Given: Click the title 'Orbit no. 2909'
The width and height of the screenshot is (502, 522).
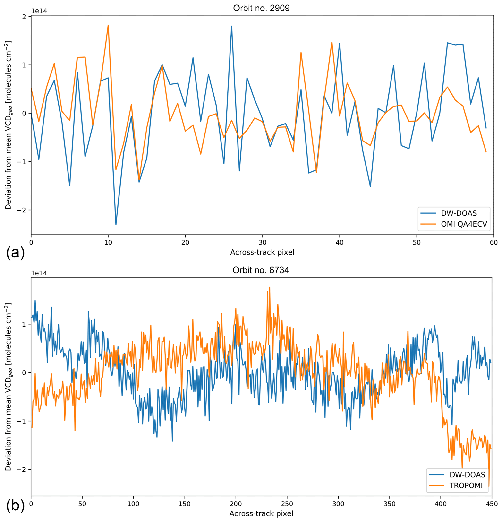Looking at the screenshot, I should coord(261,8).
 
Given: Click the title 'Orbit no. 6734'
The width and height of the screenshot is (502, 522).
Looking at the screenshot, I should coord(260,270).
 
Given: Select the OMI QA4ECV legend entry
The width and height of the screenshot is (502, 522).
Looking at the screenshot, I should coord(464,224).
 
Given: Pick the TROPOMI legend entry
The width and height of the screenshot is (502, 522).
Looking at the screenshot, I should coord(466,485).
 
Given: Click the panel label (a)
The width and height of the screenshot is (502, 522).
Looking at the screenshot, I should coord(15,252).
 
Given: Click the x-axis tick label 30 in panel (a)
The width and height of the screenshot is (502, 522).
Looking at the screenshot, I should coord(262,243).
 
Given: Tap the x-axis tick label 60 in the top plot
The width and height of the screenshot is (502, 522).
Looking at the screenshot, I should coord(493,243).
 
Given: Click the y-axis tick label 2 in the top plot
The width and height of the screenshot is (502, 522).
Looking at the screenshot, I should coord(24,17).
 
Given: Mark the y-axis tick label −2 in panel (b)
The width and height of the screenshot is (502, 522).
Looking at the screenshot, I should coord(22,469).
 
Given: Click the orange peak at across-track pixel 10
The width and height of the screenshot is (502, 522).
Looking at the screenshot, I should coord(108,25).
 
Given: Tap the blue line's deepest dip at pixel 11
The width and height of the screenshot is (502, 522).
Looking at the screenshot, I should coord(116,224).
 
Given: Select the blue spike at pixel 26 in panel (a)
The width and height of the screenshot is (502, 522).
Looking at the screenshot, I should coord(231,26).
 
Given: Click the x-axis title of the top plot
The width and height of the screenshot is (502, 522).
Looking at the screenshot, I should coord(262,252).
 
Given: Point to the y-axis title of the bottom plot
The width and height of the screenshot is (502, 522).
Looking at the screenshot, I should coord(8,386).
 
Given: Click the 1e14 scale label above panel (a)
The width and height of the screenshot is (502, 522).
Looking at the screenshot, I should coord(39,11).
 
